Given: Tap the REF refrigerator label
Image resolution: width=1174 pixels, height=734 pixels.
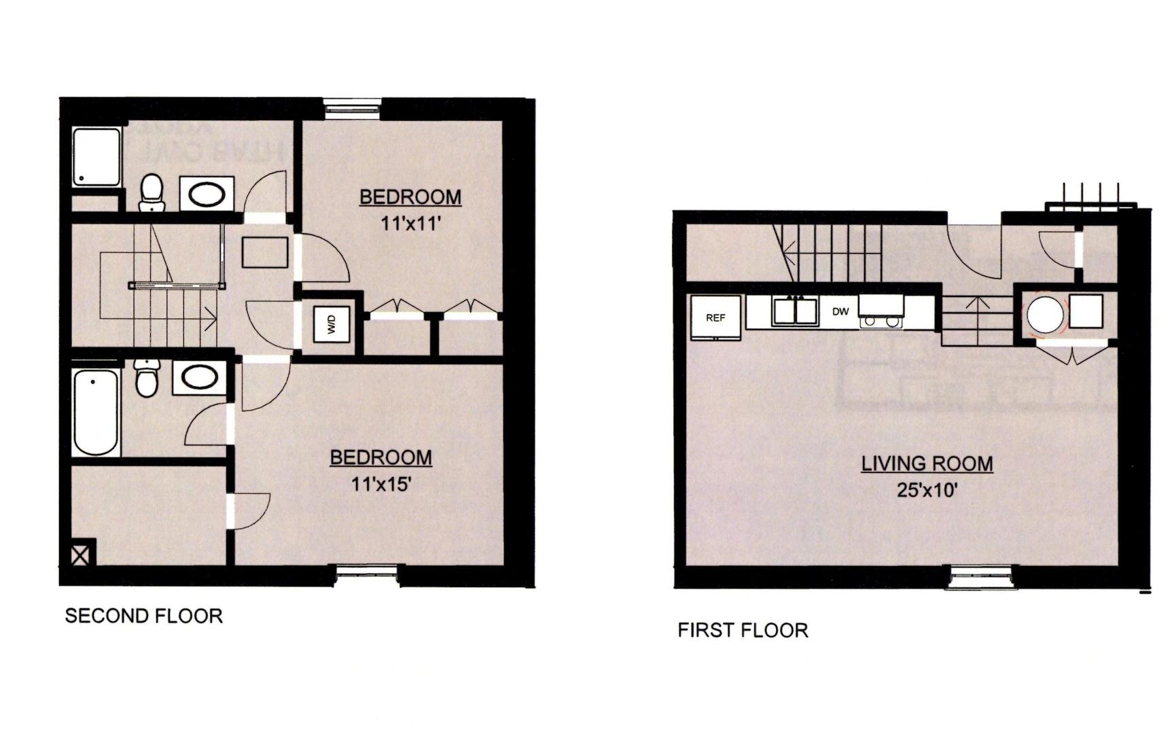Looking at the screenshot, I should click(715, 317).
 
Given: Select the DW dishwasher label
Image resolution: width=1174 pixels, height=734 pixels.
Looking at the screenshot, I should click(840, 312).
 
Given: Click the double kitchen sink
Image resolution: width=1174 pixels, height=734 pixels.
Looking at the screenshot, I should click(795, 312).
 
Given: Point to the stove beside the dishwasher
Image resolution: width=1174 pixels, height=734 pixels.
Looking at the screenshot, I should click(881, 313).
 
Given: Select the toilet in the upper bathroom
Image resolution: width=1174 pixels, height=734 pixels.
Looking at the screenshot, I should click(152, 192).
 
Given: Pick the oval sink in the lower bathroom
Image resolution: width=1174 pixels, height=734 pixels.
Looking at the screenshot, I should click(199, 378).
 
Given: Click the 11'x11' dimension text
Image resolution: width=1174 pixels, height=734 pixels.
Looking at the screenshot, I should click(411, 223).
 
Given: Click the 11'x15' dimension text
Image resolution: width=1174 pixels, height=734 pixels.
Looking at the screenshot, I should click(381, 484).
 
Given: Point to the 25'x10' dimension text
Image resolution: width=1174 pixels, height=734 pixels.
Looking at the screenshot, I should click(927, 489).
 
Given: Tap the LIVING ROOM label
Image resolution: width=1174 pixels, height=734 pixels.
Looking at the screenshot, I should click(927, 464).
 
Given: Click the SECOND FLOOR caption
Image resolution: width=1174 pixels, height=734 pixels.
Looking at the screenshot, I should click(144, 616).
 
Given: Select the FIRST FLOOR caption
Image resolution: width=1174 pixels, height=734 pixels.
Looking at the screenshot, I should click(743, 630).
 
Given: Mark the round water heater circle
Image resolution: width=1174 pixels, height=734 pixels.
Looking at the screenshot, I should click(1044, 314).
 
